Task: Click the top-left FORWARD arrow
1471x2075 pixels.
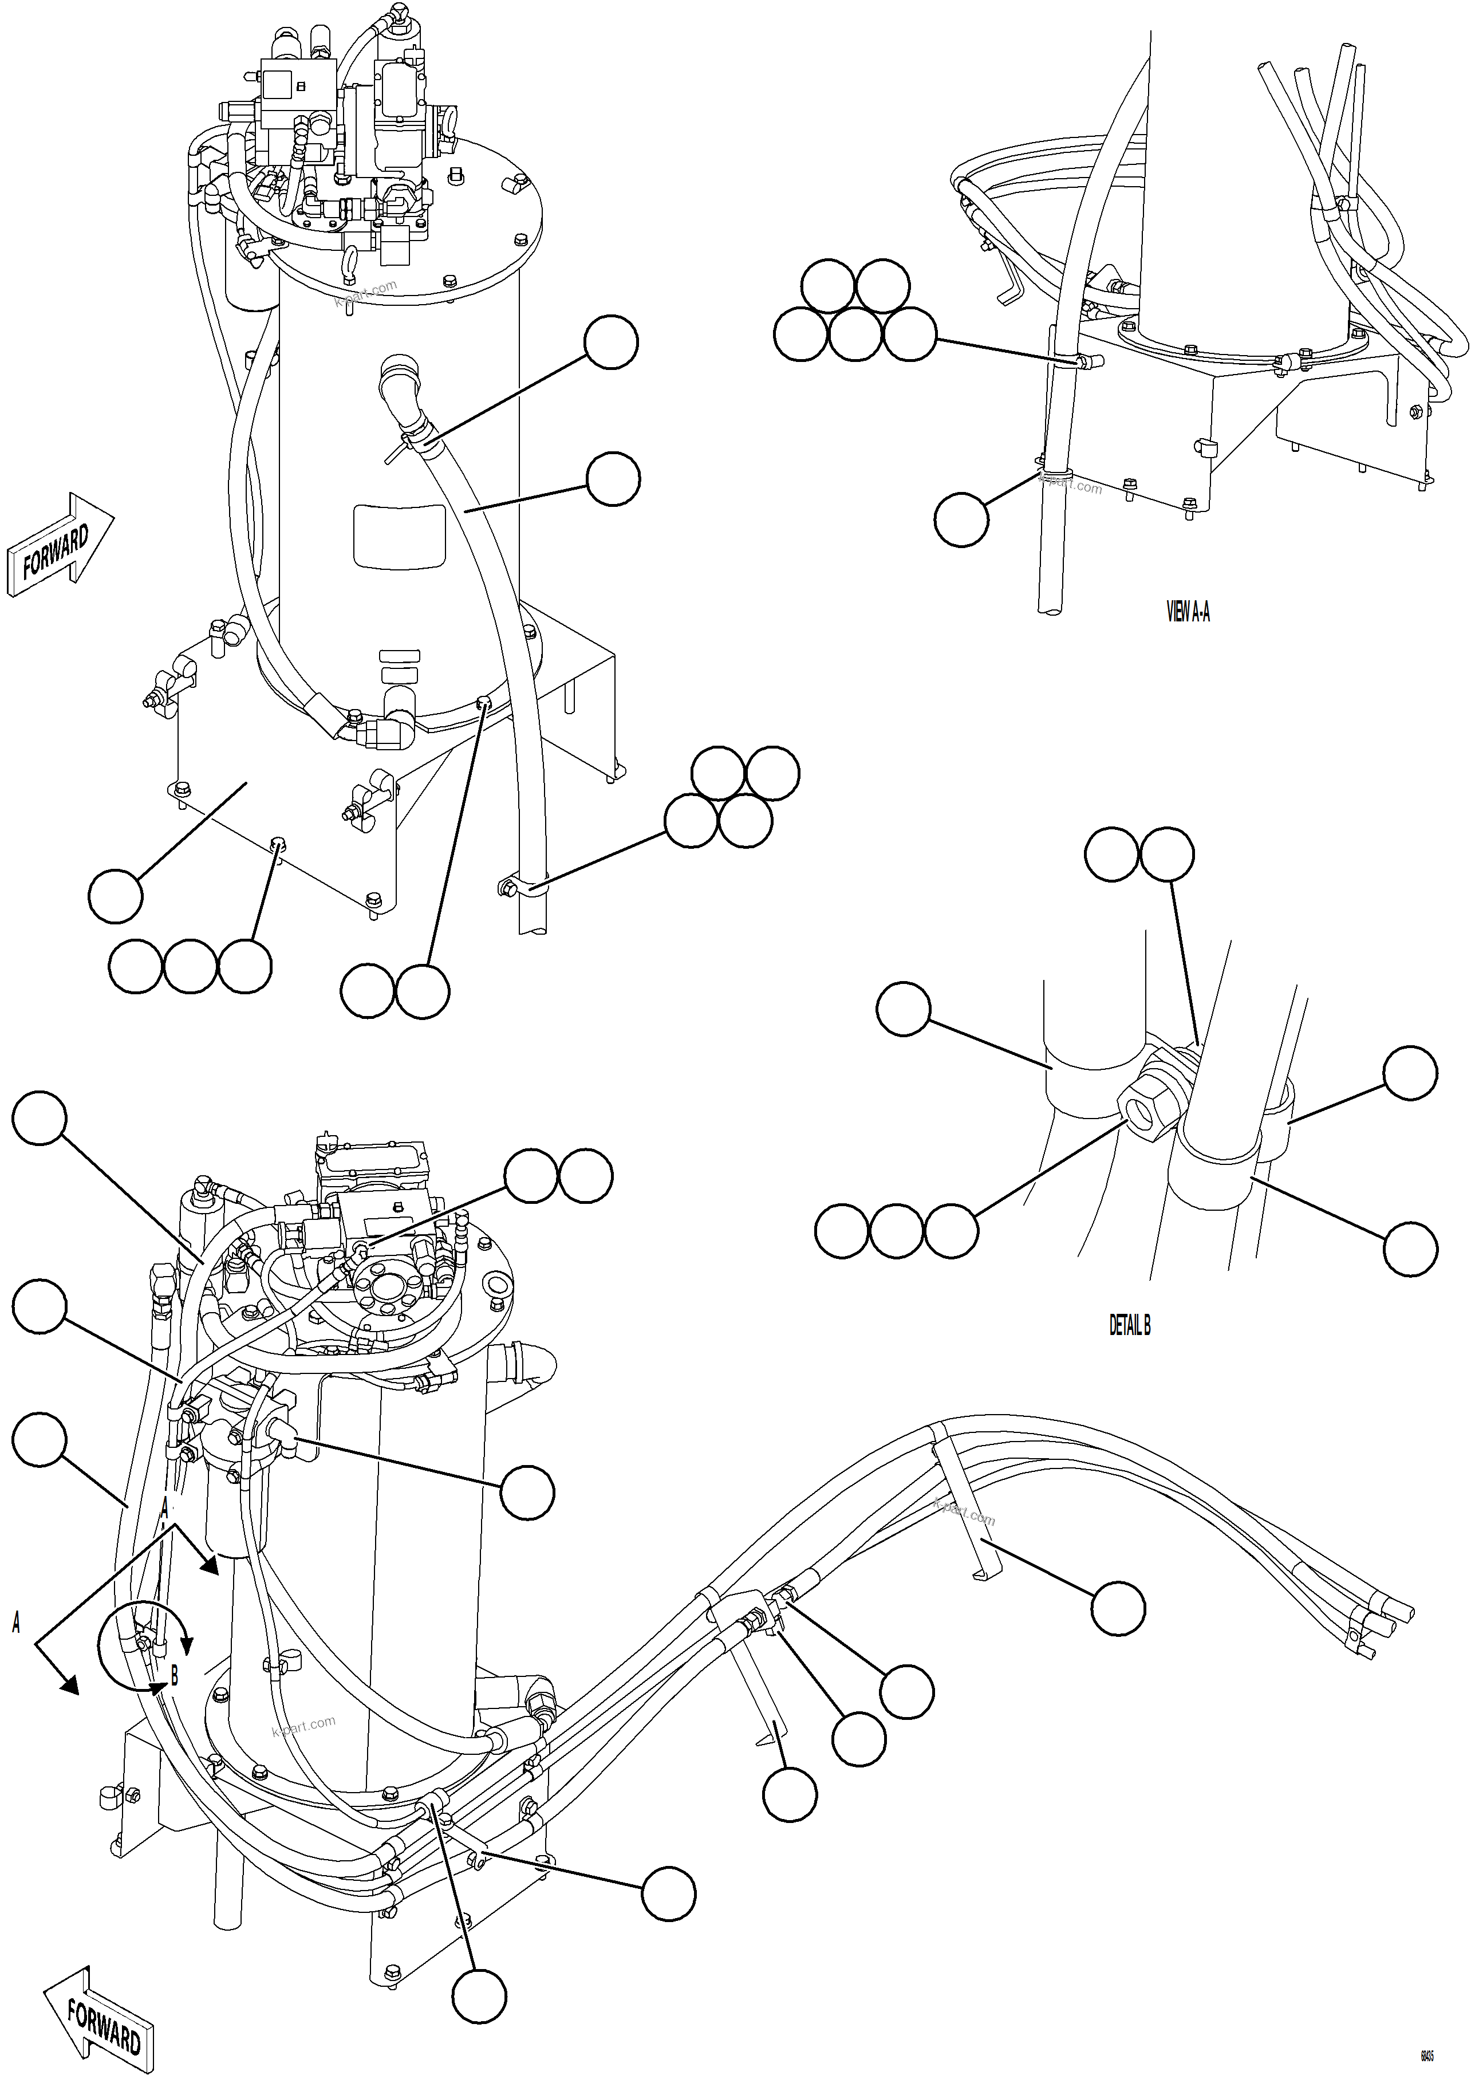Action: pos(60,545)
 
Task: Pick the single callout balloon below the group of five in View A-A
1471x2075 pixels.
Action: pos(960,519)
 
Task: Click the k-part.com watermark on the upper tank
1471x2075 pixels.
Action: pos(366,294)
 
